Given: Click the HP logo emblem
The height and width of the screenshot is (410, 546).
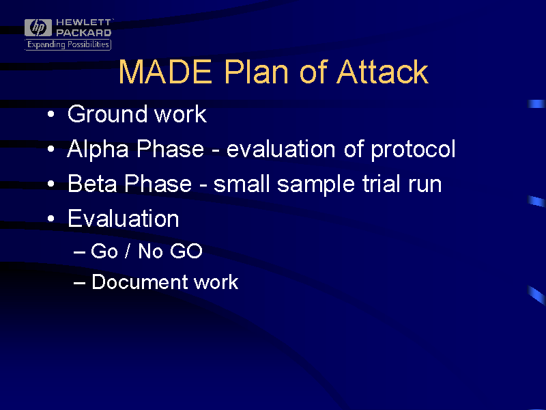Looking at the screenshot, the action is [x=38, y=27].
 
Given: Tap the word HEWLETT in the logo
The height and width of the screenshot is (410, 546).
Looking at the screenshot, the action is [x=83, y=23].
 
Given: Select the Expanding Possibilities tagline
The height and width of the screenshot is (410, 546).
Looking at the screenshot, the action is [x=68, y=44].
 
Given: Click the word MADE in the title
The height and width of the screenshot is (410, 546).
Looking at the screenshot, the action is [x=165, y=72].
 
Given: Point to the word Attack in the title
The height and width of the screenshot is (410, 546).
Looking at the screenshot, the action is [x=382, y=72].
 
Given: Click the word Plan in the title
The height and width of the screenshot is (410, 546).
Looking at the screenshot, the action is [x=257, y=72].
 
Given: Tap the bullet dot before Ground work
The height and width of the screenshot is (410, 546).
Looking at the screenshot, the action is [x=51, y=114].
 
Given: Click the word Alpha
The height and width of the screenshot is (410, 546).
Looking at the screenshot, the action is [x=98, y=150].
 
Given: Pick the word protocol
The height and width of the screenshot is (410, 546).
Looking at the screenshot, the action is [x=413, y=150].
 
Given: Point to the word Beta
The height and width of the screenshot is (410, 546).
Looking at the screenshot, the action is [x=92, y=183].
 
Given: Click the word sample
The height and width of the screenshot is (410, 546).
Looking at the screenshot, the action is [x=316, y=184].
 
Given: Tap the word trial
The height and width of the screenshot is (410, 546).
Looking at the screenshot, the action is [x=382, y=183].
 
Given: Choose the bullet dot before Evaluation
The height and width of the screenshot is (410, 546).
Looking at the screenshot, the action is [x=51, y=219].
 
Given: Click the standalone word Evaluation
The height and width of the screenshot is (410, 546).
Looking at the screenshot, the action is [x=124, y=218].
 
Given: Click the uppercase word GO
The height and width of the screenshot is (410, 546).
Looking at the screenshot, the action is [x=186, y=251].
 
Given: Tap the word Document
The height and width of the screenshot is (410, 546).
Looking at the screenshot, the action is [x=139, y=282].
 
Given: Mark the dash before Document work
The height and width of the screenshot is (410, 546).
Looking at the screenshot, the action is [x=80, y=283].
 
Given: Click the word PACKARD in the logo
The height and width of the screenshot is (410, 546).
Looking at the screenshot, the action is [x=83, y=33].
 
